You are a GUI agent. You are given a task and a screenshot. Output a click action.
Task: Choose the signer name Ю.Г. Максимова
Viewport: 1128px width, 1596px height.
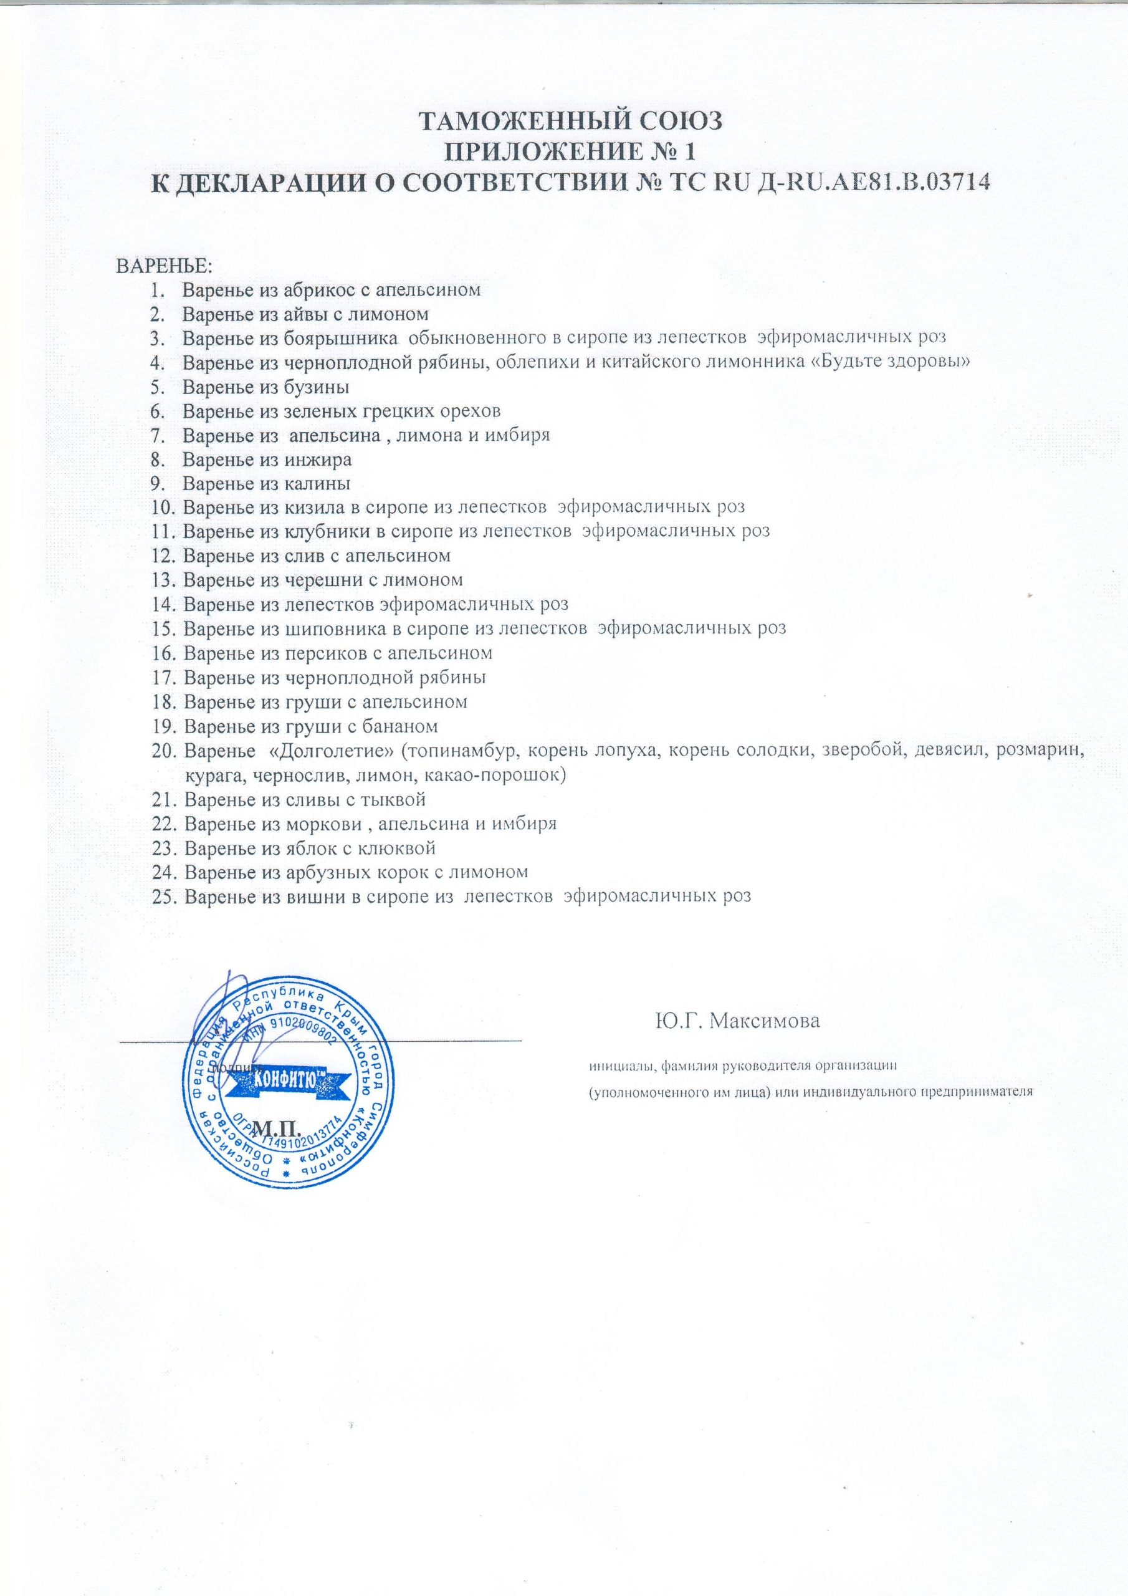click(x=737, y=1021)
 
